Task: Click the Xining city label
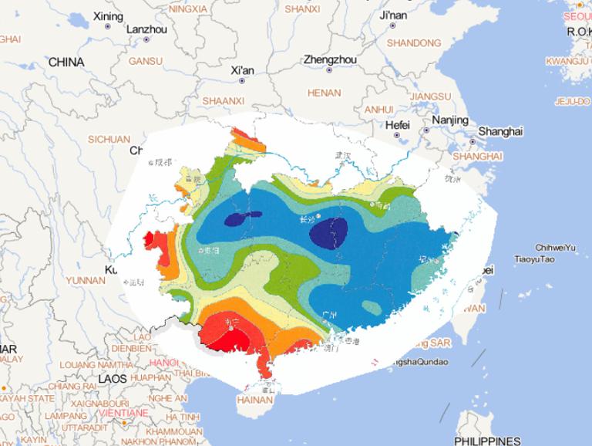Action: [x=107, y=15]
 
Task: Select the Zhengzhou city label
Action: [x=329, y=59]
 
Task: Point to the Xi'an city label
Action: [x=242, y=70]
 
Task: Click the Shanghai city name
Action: [x=500, y=131]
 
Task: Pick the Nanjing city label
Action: [x=450, y=120]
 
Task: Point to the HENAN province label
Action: [x=324, y=93]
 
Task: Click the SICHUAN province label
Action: [x=109, y=140]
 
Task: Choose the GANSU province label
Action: [x=146, y=61]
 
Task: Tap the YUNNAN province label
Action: [x=86, y=280]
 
